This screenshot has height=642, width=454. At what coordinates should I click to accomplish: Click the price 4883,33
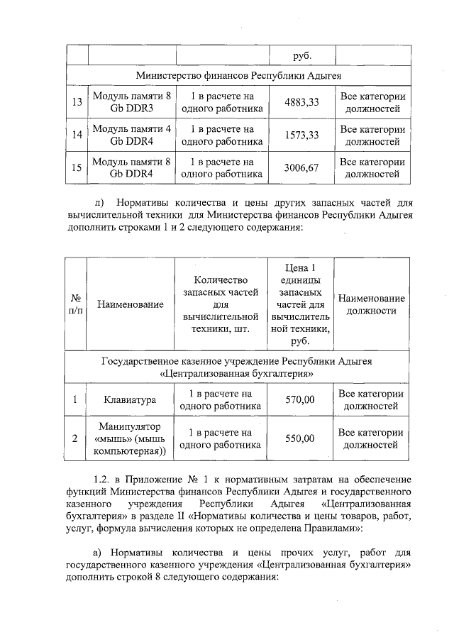tap(301, 102)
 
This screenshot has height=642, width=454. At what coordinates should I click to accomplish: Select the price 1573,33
tap(301, 135)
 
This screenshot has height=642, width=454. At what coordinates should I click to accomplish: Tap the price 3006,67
tap(301, 167)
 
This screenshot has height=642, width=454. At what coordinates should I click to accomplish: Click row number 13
tap(76, 102)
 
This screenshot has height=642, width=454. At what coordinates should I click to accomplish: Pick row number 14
tap(76, 135)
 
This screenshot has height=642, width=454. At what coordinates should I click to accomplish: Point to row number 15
tap(76, 167)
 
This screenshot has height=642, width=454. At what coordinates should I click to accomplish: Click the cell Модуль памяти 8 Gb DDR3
tap(131, 102)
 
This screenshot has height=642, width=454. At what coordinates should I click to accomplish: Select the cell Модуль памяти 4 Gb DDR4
tap(131, 135)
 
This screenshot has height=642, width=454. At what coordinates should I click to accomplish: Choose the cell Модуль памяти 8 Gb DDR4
tap(131, 167)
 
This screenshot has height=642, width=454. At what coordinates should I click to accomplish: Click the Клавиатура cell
tap(131, 400)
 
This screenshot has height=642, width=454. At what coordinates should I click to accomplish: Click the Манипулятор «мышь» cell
tap(131, 438)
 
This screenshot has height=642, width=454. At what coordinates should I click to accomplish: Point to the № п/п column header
tap(75, 304)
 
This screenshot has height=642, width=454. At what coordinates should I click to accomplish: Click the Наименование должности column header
tap(372, 304)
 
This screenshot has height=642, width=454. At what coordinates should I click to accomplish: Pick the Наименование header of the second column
tap(131, 304)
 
